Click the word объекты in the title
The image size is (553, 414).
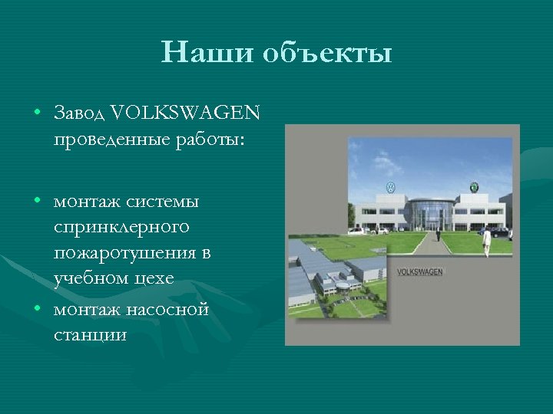click(326, 54)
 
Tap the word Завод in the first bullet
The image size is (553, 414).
click(80, 113)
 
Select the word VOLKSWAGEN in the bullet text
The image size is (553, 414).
click(185, 113)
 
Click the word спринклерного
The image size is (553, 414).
click(121, 228)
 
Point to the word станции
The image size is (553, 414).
click(90, 335)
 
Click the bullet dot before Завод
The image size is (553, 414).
click(37, 113)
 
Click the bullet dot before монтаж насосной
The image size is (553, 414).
click(37, 309)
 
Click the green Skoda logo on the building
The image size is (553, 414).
click(474, 186)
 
